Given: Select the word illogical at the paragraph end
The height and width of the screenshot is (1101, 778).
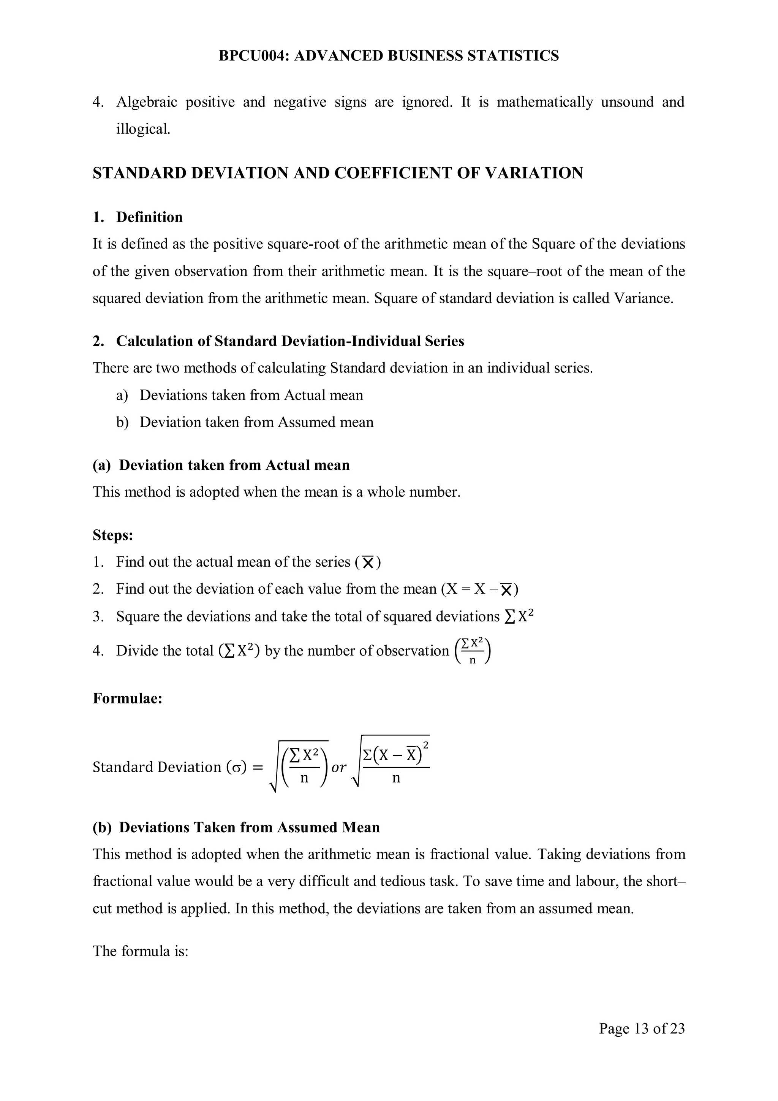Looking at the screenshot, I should point(143,129).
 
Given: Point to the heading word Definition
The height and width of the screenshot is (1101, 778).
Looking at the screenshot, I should point(150,217).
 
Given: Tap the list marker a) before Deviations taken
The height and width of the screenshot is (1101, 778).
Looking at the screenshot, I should point(122,395).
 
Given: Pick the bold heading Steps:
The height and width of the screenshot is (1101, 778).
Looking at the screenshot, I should point(113,535).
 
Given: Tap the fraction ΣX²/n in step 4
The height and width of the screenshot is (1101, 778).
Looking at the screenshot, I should point(473,651).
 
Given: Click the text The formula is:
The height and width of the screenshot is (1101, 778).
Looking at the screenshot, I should point(141,951).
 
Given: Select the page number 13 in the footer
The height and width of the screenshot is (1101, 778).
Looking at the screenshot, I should point(641,1028).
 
